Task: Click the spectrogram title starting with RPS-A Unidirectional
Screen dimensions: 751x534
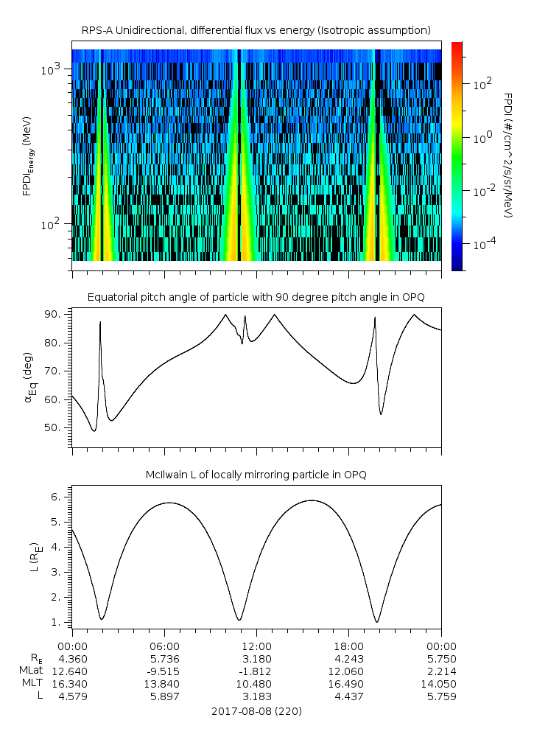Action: pyautogui.click(x=256, y=29)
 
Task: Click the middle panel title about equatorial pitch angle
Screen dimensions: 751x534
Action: pyautogui.click(x=256, y=297)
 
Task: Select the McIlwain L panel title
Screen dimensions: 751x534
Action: pyautogui.click(x=256, y=474)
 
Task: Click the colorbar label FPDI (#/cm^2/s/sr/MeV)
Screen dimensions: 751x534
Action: pyautogui.click(x=507, y=155)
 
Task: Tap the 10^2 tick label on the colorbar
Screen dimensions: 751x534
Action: pyautogui.click(x=482, y=84)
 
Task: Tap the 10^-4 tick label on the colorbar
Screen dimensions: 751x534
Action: pyautogui.click(x=483, y=242)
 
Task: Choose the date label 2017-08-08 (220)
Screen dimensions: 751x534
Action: pyautogui.click(x=256, y=711)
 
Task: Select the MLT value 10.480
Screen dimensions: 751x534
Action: pyautogui.click(x=256, y=683)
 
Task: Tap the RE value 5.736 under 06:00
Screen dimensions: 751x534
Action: pyautogui.click(x=164, y=659)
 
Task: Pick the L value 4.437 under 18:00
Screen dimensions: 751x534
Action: pyautogui.click(x=348, y=696)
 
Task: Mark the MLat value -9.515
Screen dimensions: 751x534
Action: pyautogui.click(x=163, y=671)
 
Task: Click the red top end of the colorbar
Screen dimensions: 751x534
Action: pyautogui.click(x=457, y=46)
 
